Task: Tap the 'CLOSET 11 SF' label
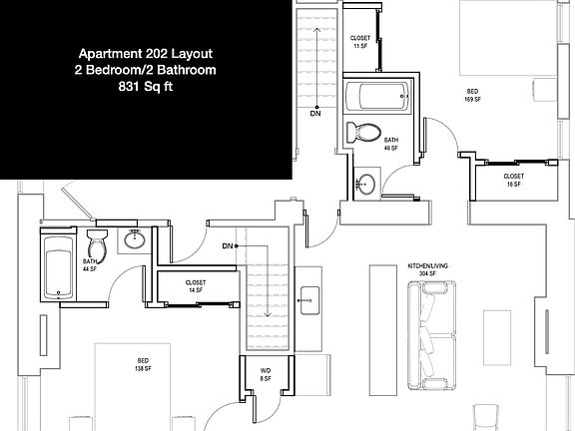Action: pos(360,41)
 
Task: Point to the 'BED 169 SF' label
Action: pos(472,96)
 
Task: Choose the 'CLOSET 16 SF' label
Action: pos(514,181)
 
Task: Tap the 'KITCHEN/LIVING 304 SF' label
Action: pos(429,270)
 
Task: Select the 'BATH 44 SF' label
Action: pos(91,266)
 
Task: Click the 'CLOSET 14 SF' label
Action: pos(196,285)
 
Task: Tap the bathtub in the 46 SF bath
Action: pos(377,98)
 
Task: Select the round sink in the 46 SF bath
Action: pos(366,183)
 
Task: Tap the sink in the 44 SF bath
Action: pos(135,239)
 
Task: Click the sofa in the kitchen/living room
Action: pos(432,325)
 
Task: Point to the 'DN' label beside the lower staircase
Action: pos(228,245)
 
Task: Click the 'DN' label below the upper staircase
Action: pos(315,113)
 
